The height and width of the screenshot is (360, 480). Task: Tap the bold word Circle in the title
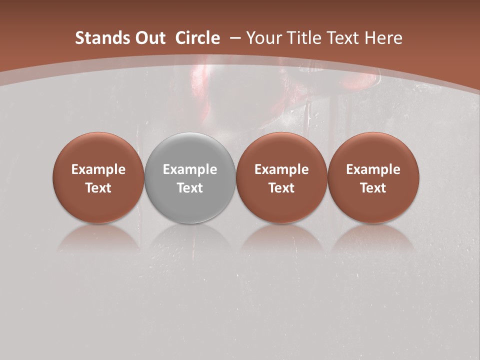[197, 38]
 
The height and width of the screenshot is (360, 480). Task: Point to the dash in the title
[235, 38]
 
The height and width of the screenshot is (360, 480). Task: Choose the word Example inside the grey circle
[190, 169]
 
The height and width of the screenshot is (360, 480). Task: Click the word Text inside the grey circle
[190, 188]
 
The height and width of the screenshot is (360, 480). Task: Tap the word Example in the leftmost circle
[98, 169]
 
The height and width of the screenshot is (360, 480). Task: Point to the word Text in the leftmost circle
[98, 188]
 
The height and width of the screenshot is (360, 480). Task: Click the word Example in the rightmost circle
[373, 169]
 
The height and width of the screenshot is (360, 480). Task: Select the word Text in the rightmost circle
[373, 188]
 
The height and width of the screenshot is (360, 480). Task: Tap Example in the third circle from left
[281, 169]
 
